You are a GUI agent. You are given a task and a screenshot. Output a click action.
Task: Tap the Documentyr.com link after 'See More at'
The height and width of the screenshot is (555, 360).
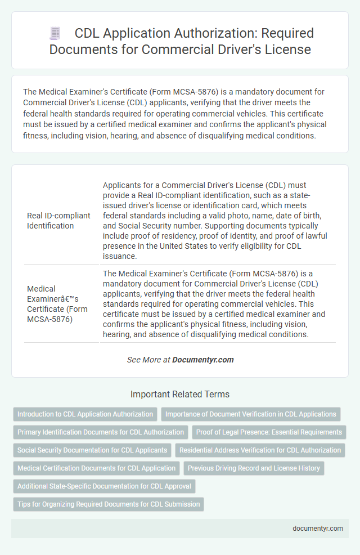tap(202, 360)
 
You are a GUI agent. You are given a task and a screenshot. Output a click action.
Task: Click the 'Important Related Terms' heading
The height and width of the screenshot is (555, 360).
tap(180, 395)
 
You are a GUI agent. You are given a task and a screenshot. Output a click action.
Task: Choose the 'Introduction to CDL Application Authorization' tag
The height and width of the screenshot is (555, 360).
tap(85, 414)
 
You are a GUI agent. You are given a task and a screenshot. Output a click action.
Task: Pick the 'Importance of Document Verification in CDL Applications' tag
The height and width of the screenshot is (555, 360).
tap(251, 414)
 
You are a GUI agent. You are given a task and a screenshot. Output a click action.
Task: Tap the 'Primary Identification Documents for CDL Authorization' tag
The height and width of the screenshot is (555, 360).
tap(101, 432)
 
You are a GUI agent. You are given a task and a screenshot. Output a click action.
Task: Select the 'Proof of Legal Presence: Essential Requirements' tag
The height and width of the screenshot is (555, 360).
tap(269, 432)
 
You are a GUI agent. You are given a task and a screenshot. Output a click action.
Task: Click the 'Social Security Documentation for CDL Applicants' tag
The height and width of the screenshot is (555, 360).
tap(92, 450)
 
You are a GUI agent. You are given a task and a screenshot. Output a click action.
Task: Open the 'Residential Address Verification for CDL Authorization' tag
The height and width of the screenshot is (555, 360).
tap(260, 450)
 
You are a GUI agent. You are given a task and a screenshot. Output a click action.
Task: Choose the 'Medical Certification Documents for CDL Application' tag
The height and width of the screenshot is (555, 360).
tap(96, 468)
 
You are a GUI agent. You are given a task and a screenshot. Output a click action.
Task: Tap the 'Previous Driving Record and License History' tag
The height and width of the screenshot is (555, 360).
tap(254, 468)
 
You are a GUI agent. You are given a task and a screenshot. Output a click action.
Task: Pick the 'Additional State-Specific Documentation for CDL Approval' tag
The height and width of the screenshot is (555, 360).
tap(104, 486)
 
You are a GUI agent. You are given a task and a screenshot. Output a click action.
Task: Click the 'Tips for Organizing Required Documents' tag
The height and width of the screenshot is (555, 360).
tap(109, 504)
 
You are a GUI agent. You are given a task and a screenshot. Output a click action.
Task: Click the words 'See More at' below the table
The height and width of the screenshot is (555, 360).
tap(148, 360)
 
